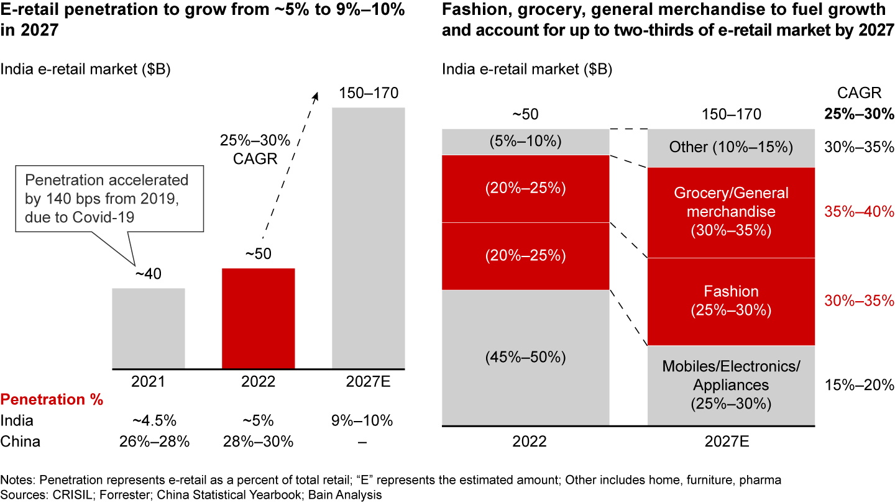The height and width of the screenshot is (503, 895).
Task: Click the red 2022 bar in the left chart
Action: tap(259, 318)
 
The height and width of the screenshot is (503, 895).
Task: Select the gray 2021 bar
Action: tap(148, 328)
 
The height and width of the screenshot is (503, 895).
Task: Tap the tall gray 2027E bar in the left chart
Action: tap(369, 238)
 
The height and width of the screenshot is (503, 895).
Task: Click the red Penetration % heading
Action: tap(52, 400)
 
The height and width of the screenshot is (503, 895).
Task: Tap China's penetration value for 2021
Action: tap(154, 442)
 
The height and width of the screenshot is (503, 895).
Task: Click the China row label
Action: tap(21, 442)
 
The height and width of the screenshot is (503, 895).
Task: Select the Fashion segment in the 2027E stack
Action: tap(731, 301)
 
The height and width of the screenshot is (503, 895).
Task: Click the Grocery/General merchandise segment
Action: tap(731, 212)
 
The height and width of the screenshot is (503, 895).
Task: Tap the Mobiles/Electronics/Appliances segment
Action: tap(731, 385)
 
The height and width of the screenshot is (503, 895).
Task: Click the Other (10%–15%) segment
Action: tap(731, 147)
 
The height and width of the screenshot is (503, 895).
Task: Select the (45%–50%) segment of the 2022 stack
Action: tap(525, 357)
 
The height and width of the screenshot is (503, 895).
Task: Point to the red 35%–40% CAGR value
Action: tap(858, 212)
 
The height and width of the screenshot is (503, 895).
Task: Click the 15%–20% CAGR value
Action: tap(858, 385)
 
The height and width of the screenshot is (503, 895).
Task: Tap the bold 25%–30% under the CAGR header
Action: tap(858, 114)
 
